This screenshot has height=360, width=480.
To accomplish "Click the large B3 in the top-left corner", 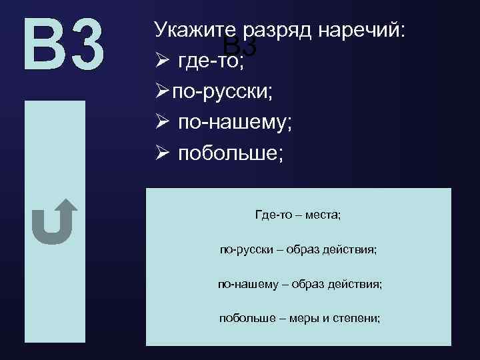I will click(64, 45).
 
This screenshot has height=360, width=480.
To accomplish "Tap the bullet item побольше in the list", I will click(230, 153).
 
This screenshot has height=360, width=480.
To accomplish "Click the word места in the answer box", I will click(323, 215).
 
